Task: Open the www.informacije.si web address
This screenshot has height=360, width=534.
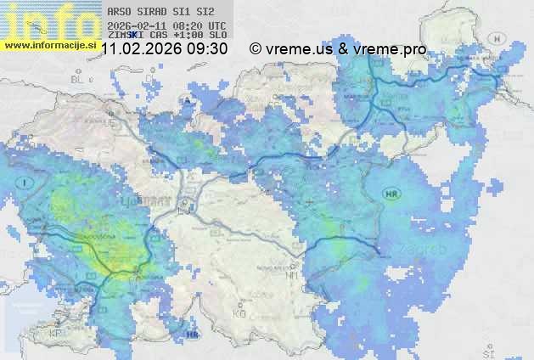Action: [49, 44]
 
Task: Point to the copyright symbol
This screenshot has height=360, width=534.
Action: [255, 49]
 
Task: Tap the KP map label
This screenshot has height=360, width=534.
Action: [55, 333]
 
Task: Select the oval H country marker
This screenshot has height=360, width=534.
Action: [498, 38]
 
